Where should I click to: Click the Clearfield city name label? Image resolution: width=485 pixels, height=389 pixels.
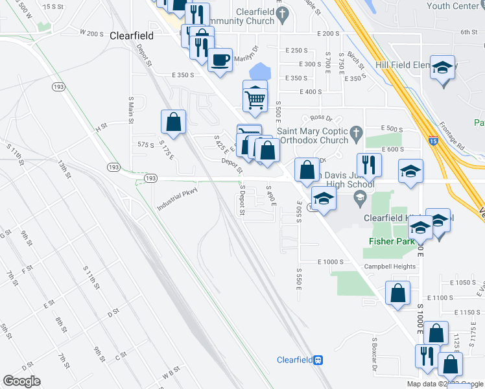(132, 36)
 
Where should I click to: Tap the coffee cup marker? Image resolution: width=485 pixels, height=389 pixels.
(220, 60)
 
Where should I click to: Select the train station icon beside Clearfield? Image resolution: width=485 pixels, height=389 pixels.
(318, 360)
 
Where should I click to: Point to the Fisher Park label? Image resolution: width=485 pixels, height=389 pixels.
(392, 241)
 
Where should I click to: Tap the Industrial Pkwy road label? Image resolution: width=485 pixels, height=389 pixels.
(176, 198)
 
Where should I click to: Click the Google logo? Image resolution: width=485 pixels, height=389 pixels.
(21, 381)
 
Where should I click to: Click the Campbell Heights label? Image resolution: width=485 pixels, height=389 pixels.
(389, 266)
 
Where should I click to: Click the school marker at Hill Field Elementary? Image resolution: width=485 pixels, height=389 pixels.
(443, 69)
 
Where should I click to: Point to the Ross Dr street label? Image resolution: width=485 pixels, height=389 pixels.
(321, 118)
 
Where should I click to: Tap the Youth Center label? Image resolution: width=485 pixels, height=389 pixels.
(456, 6)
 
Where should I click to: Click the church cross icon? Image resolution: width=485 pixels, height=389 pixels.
(355, 135)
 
